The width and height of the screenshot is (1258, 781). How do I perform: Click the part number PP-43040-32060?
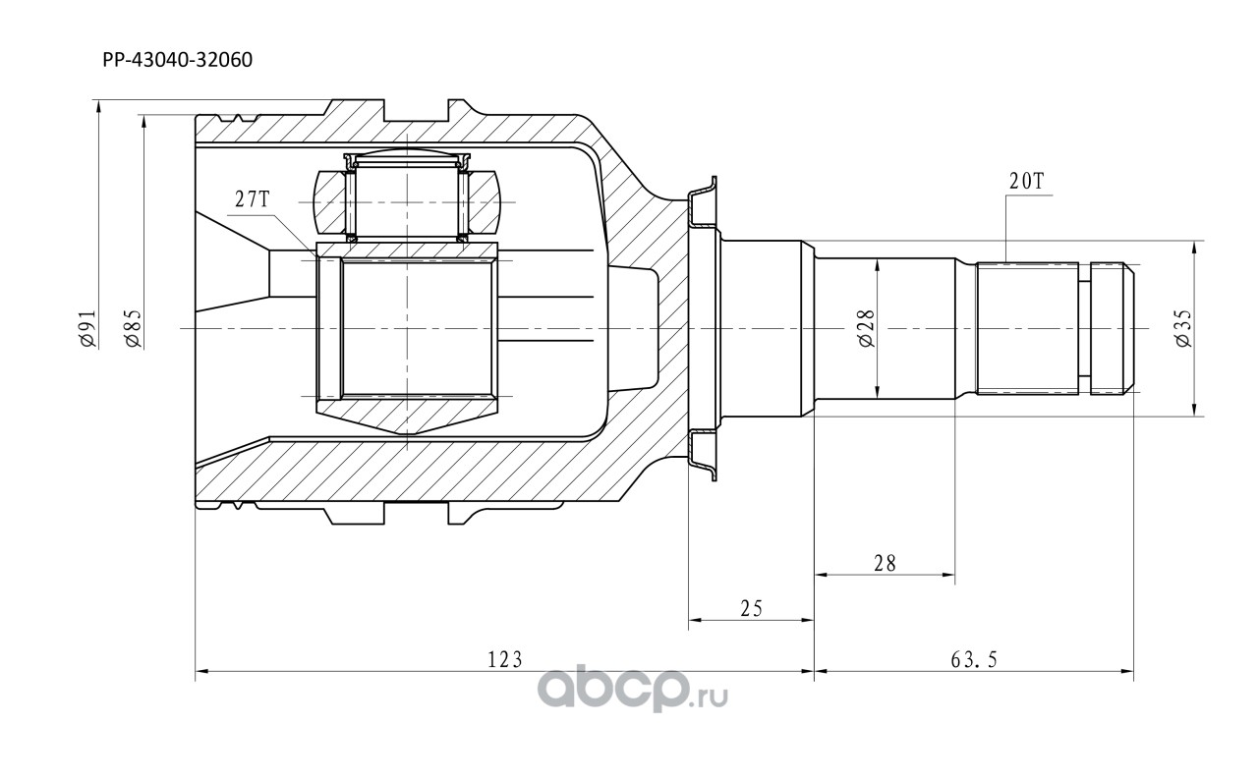point(178,60)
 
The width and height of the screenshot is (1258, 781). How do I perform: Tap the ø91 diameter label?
point(88,328)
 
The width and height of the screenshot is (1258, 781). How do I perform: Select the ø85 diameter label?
point(134,328)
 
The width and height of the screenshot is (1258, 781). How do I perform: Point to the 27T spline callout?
point(253,198)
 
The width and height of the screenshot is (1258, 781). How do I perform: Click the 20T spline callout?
point(1026,181)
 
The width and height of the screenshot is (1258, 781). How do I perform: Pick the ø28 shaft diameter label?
point(867,328)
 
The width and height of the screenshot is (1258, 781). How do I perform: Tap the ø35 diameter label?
point(1183,328)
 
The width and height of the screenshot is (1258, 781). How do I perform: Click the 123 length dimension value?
point(505,660)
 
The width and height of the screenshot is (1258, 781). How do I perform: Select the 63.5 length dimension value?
point(974,660)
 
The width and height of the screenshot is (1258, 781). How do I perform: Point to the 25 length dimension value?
point(752,609)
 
